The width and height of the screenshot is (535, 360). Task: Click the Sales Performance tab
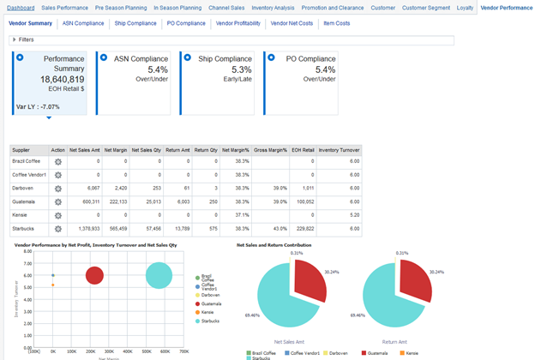(65, 8)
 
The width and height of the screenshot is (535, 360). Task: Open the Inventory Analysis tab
(273, 8)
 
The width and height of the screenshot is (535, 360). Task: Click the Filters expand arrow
(15, 40)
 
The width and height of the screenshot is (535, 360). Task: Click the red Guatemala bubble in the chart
(95, 275)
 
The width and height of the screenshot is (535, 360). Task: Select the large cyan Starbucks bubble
(157, 276)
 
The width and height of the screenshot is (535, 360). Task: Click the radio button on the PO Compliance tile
(269, 57)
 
